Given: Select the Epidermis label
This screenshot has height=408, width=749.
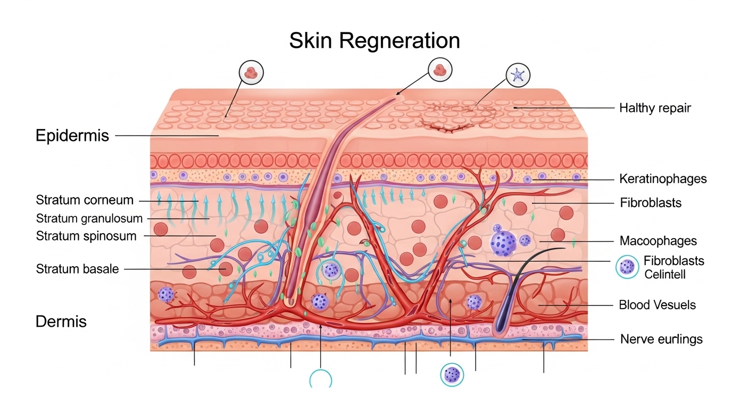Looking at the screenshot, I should click(x=72, y=135).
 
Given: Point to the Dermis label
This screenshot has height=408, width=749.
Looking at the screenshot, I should click(x=61, y=321).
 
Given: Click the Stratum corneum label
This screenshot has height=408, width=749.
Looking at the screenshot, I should click(x=85, y=200).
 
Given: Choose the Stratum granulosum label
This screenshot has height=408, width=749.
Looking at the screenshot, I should click(x=89, y=218).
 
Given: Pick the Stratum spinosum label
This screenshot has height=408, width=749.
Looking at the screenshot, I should click(x=86, y=236).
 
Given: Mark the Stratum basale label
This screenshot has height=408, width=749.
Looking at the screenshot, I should click(x=77, y=269).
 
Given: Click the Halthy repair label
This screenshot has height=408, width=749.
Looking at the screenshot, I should click(x=655, y=108).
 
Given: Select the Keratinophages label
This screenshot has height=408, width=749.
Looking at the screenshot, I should click(x=663, y=179).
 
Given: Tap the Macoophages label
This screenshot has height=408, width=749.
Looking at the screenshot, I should click(x=658, y=241).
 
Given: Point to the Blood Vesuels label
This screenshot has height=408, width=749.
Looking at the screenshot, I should click(x=657, y=305).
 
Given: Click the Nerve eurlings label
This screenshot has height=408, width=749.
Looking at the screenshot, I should click(x=661, y=339).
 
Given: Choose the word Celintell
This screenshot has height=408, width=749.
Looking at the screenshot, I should click(x=665, y=274).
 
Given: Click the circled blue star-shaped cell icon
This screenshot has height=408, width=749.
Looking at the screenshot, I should click(x=518, y=75).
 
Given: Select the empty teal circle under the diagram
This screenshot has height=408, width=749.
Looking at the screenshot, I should click(x=321, y=380).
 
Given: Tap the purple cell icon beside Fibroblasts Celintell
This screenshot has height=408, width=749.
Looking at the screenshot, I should click(x=627, y=267).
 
